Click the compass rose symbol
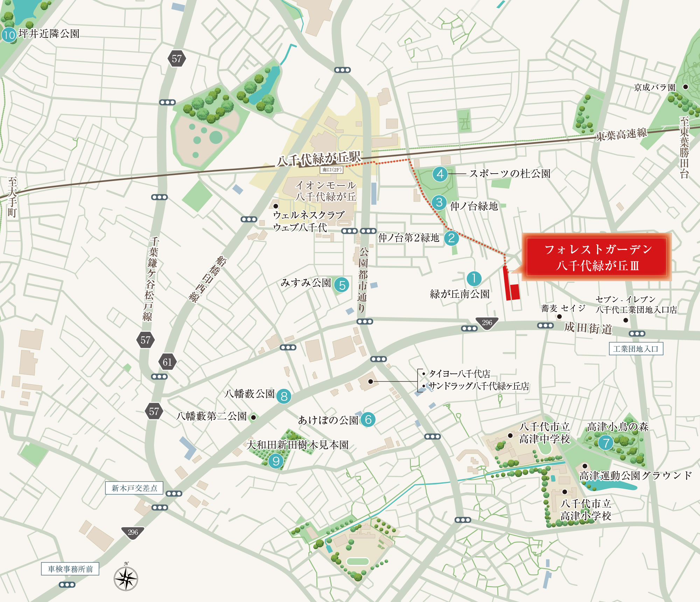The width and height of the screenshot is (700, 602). point(126,578)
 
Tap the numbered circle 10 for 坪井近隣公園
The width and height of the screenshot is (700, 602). point(9,35)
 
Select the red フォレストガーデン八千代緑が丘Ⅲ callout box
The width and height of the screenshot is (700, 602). point(596,257)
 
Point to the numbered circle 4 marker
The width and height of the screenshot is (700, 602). point(440,174)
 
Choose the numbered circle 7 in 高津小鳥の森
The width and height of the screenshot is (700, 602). point(606,443)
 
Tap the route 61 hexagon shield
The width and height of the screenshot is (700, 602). point(167,362)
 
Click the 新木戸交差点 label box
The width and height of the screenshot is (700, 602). point(134,488)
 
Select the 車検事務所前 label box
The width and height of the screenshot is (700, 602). point(70,569)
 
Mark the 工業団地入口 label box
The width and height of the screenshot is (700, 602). point(636,349)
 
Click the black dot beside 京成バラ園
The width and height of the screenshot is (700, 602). point(686,87)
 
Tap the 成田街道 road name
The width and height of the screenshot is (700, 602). point(588,328)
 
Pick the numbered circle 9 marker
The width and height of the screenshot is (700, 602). point(276,461)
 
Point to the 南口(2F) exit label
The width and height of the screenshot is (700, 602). point(331,170)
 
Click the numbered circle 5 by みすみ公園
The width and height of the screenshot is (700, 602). point(342,285)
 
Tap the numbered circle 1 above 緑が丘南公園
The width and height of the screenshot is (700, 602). point(474,279)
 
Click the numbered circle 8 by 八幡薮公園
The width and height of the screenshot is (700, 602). point(284,396)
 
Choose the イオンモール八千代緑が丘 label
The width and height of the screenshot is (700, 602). point(325,191)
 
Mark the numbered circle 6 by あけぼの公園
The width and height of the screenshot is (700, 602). point(368,419)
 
